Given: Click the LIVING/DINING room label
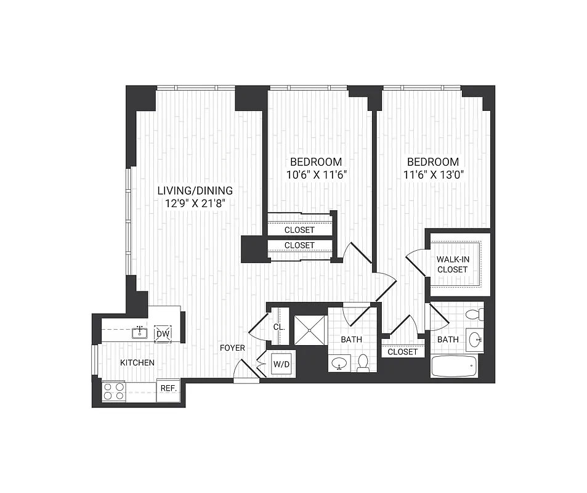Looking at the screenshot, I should (x=194, y=190).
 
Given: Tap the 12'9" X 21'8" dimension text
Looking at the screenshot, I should (x=194, y=203).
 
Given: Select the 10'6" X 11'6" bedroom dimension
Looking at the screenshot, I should (x=317, y=174).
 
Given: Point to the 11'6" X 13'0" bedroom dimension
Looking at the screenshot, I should (x=433, y=174).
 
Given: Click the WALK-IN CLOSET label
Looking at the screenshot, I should (x=452, y=264).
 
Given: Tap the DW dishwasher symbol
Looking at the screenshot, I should (x=163, y=333).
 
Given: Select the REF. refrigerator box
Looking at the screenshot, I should (x=168, y=388).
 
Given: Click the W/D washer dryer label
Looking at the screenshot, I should (x=281, y=364).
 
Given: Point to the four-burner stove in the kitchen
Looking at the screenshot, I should (x=113, y=391).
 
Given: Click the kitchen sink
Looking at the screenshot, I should (x=140, y=333).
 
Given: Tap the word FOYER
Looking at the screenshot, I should (x=233, y=348).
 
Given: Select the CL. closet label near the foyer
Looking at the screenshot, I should (x=278, y=327).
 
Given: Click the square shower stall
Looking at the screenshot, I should (x=309, y=328).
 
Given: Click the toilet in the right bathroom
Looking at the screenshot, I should (x=474, y=315).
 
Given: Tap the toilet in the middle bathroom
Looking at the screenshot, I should (x=363, y=363).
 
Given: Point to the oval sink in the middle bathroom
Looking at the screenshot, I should (x=338, y=364).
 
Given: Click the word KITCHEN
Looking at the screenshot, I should (x=137, y=362).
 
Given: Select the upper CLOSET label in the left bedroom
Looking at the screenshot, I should (x=299, y=230).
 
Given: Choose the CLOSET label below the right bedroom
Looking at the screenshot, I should (x=403, y=352).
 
